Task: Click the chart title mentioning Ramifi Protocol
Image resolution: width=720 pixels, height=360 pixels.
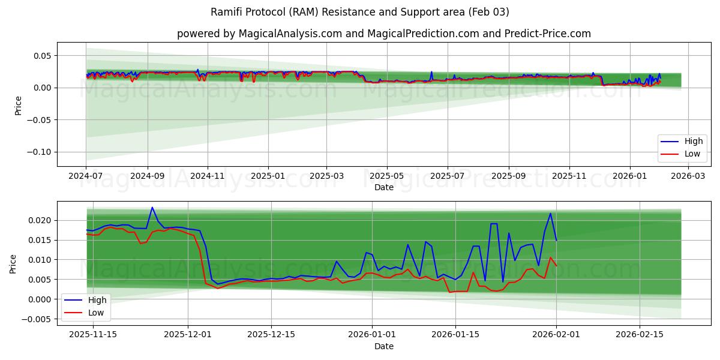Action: coord(360,12)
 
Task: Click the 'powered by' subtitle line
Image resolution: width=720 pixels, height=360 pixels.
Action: coord(384,34)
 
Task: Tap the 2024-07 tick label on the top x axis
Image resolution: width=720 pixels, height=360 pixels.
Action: coord(86,176)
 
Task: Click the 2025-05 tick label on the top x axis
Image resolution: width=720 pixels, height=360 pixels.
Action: coord(387,176)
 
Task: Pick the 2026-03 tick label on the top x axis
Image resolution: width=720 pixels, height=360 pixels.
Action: coord(688,176)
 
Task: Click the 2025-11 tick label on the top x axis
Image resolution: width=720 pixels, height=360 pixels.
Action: coord(569,176)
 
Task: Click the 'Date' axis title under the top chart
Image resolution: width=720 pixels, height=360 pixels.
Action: coord(384,187)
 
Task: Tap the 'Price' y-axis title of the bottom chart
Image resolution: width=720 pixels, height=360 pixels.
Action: coord(13,263)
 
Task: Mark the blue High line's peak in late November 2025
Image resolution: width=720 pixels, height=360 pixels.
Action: coord(152,207)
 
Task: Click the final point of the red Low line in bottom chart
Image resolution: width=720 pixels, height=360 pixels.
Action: coord(556,266)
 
